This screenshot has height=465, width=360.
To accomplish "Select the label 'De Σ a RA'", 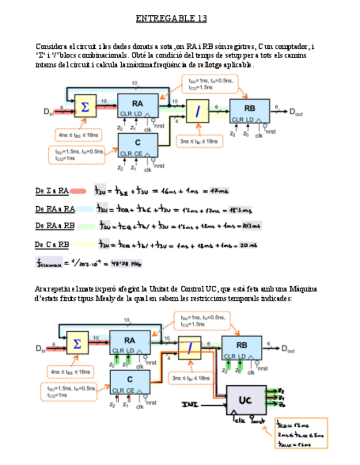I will click(x=52, y=191).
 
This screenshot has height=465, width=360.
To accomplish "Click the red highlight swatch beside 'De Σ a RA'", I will click(x=78, y=191).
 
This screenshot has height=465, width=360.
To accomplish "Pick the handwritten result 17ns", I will click(x=219, y=191).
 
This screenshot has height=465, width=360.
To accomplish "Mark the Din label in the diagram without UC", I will click(x=49, y=111).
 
